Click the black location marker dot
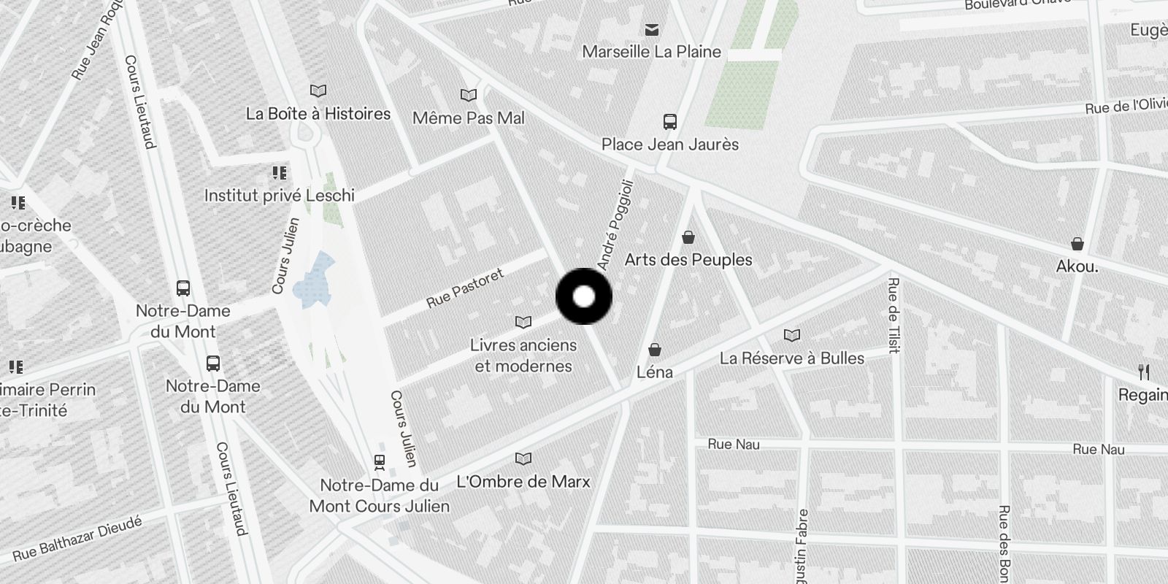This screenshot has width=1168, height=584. [x=584, y=296]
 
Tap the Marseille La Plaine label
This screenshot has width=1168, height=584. [x=651, y=52]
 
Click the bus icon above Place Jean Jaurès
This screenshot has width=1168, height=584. [x=669, y=122]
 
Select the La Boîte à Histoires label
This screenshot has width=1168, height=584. [x=318, y=114]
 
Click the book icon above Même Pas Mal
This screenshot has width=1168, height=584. [x=469, y=96]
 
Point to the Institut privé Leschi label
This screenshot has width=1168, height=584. [x=280, y=196]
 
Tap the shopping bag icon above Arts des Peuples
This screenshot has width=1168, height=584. [x=688, y=237]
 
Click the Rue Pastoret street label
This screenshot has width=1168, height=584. [x=465, y=288]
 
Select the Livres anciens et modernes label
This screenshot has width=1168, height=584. [x=523, y=356]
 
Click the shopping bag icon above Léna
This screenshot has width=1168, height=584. [x=655, y=350]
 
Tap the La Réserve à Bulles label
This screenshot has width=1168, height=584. [x=792, y=358]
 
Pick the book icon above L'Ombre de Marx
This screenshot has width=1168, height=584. [x=523, y=458]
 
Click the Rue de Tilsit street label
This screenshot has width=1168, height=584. [x=893, y=315]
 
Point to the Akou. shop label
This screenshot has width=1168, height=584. [x=1077, y=266]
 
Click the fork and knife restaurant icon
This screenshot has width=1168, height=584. [x=1144, y=372]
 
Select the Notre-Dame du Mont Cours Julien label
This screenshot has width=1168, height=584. [x=380, y=496]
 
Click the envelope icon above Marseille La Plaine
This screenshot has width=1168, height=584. [x=652, y=30]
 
